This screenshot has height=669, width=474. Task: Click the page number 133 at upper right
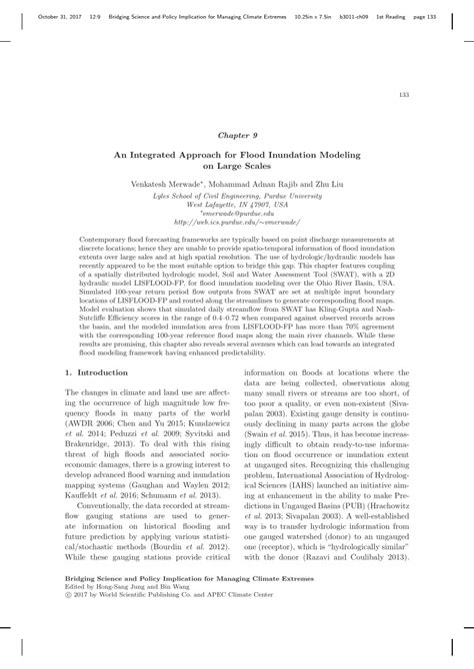click(404, 94)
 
